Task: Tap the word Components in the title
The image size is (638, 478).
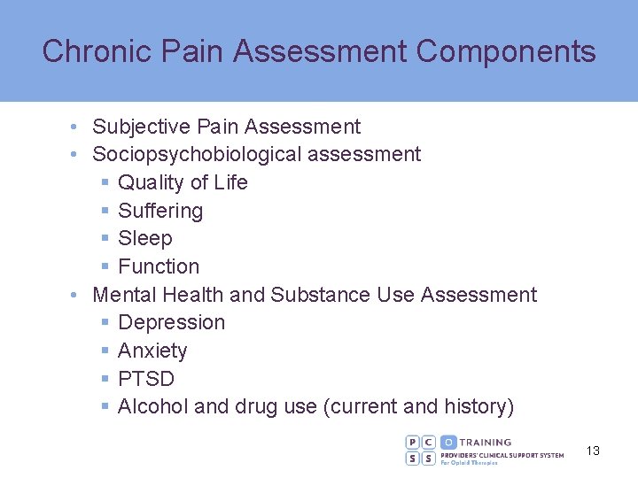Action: click(x=506, y=51)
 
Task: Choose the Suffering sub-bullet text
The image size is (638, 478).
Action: click(x=160, y=211)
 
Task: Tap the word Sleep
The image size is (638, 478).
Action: click(x=145, y=238)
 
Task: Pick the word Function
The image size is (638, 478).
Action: click(x=159, y=266)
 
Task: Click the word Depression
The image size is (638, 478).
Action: click(x=171, y=322)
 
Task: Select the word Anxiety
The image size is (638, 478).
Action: click(x=152, y=351)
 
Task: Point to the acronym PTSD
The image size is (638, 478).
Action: click(x=146, y=379)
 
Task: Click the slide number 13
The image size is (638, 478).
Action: click(x=593, y=451)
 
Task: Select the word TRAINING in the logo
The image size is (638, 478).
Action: click(x=486, y=442)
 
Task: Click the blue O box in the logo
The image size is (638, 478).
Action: click(x=448, y=442)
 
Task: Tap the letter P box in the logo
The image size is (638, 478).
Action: click(x=413, y=442)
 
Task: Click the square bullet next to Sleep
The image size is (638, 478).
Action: click(x=105, y=239)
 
